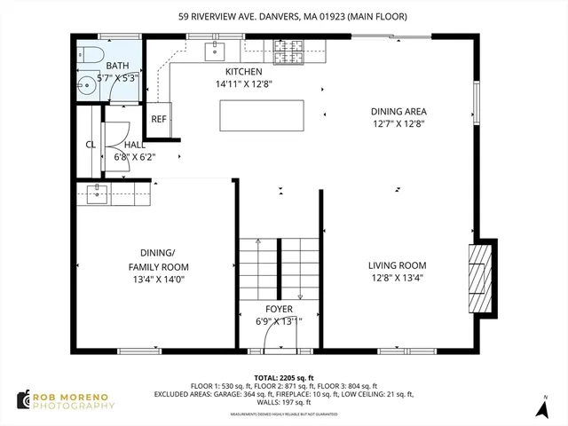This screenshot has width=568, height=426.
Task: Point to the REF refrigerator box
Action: [159, 119]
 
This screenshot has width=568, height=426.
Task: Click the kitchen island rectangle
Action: [262, 115]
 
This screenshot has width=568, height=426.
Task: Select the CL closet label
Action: [90, 145]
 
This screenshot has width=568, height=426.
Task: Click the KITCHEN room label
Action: [243, 73]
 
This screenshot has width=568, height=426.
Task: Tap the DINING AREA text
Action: [398, 112]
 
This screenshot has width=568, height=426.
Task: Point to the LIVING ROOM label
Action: [398, 265]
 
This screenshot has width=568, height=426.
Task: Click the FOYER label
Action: [279, 309]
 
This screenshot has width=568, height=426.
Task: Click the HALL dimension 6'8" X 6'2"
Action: [135, 156]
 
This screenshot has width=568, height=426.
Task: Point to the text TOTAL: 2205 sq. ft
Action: [283, 377]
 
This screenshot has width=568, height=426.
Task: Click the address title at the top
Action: [283, 15]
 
